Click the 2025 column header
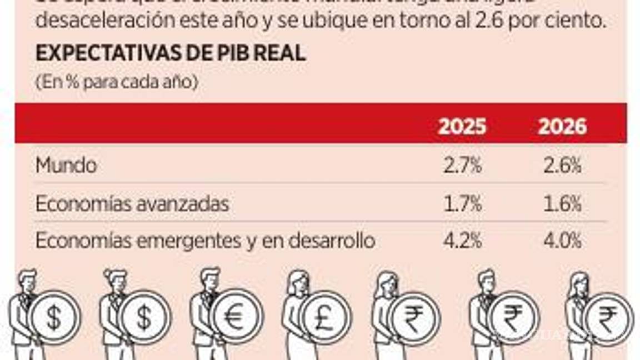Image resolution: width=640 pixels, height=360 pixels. (462, 127)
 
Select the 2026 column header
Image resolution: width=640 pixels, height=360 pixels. (562, 127)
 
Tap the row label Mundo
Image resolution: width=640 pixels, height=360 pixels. (66, 166)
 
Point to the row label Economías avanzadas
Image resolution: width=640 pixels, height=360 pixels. (132, 204)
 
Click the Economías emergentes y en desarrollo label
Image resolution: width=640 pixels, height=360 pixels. (205, 241)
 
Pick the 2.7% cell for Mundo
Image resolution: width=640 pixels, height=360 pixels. (462, 166)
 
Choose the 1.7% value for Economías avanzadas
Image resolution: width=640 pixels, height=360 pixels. (462, 204)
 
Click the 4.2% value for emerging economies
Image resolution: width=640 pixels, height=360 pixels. (462, 241)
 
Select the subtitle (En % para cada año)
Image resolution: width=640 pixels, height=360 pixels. (116, 82)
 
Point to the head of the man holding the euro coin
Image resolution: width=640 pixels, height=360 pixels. (210, 279)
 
